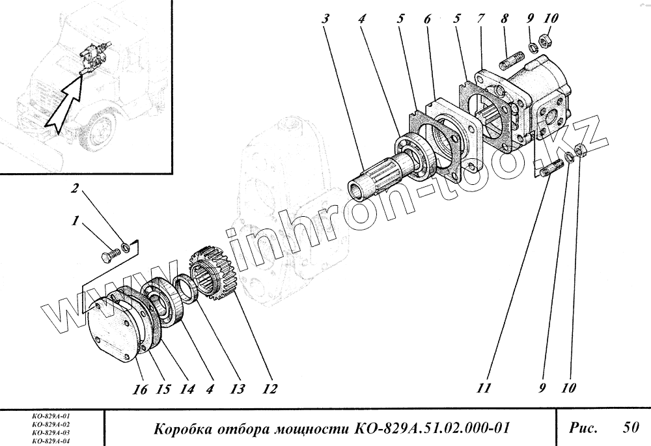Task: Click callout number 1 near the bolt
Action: (76, 221)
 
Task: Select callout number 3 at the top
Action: (325, 19)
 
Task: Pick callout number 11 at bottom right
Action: (482, 389)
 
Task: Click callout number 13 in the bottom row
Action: (237, 389)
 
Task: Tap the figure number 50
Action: (630, 428)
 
